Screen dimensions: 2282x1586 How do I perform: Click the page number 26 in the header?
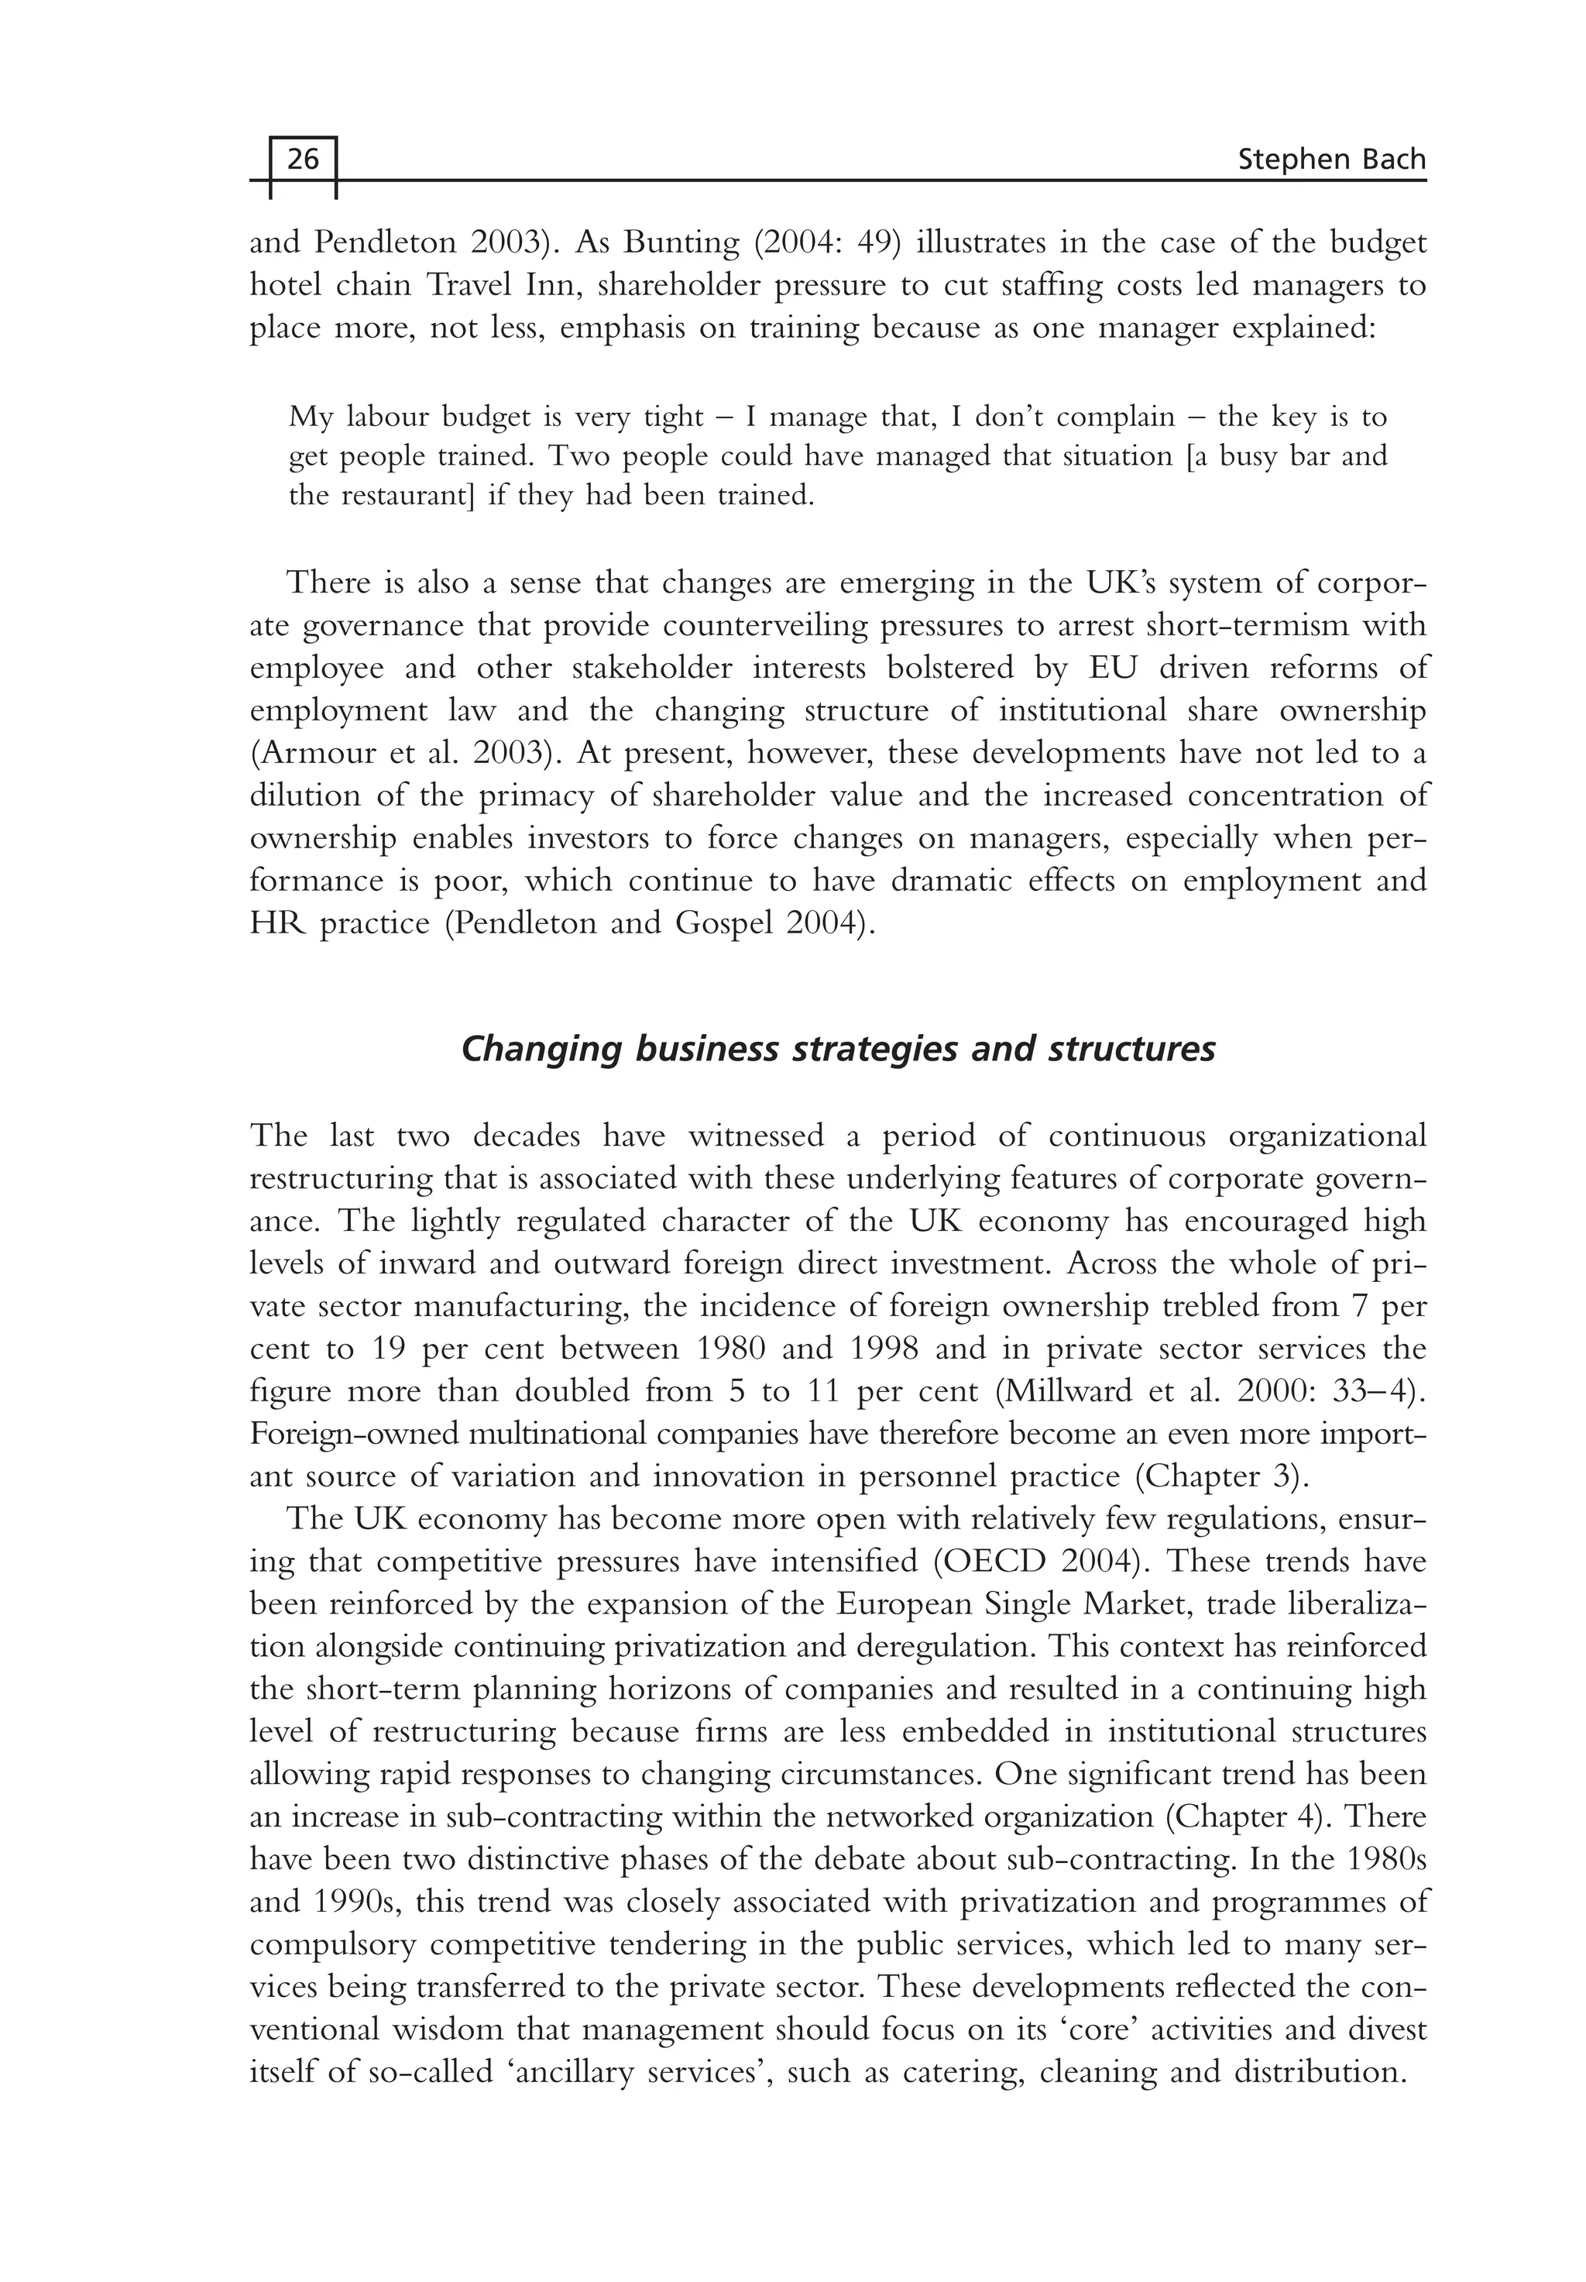tap(303, 159)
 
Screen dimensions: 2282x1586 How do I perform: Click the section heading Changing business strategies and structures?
tap(838, 1050)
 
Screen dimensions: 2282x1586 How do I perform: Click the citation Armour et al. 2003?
tap(400, 754)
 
